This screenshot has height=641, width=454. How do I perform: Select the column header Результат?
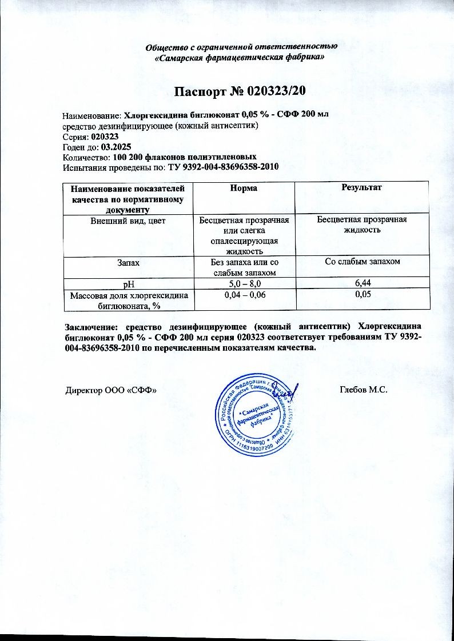(x=361, y=187)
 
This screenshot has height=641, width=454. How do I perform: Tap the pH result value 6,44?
(x=361, y=283)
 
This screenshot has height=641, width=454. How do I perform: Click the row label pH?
(x=126, y=283)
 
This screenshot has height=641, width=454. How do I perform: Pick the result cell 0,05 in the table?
(x=361, y=294)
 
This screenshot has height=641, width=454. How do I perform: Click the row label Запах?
(x=126, y=262)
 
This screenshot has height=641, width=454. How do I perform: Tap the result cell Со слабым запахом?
(x=361, y=262)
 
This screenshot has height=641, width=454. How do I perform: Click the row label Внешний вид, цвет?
(x=126, y=220)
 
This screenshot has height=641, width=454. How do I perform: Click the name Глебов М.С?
(x=364, y=390)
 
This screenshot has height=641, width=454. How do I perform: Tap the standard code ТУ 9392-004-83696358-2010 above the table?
(x=222, y=167)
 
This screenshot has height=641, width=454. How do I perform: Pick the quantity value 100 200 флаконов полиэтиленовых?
(x=184, y=157)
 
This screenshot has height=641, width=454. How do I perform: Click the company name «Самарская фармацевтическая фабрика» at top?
(x=241, y=58)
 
